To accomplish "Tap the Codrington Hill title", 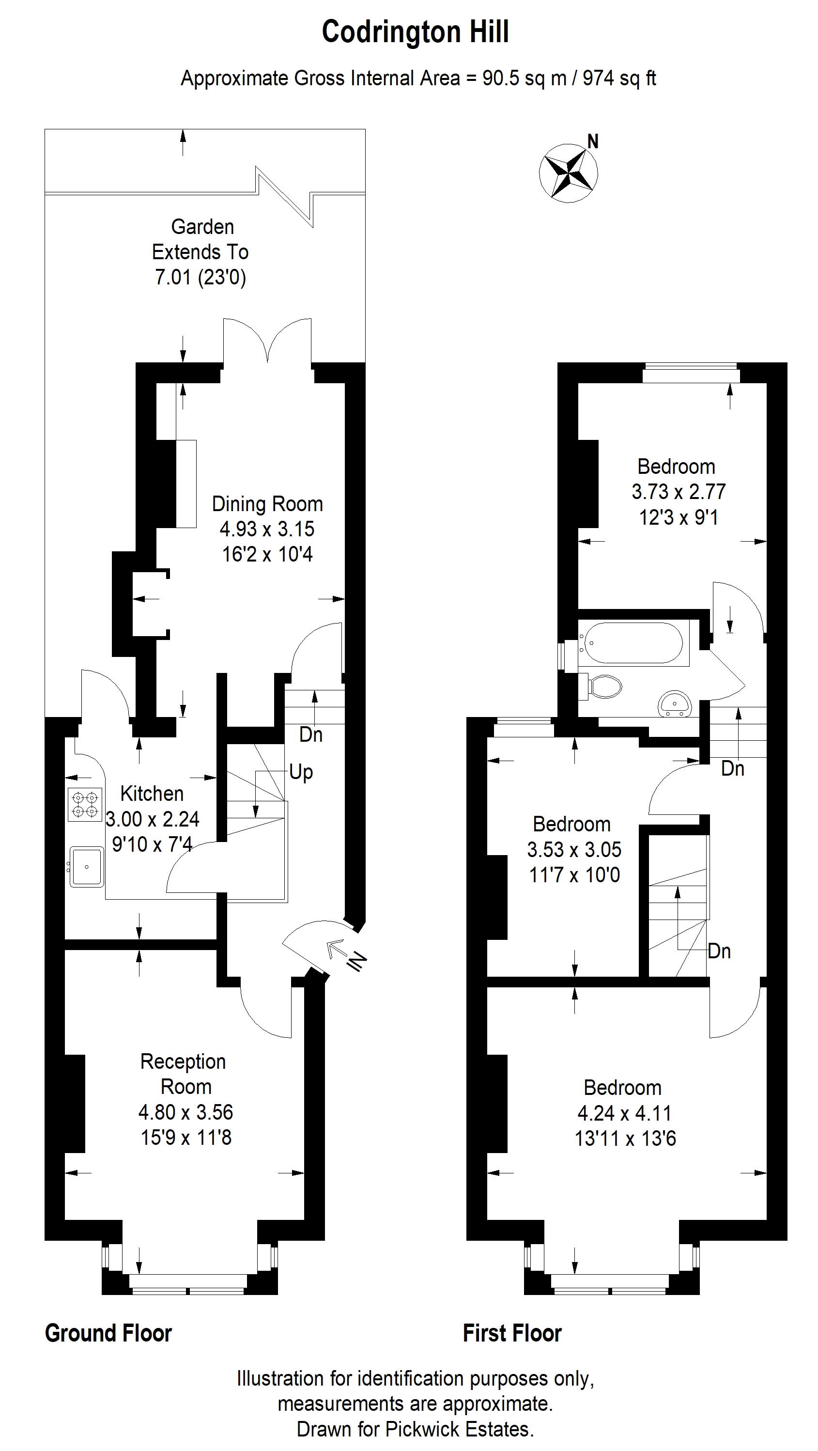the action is pos(416,31).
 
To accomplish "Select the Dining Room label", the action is pos(267,503).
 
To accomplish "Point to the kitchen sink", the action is pos(86,866).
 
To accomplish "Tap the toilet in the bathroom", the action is pos(600,686).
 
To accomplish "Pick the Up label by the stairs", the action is pos(301,772).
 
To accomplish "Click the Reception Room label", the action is pos(184,1074).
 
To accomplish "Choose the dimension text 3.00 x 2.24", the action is pos(153,818).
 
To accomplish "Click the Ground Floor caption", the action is pos(108,1333).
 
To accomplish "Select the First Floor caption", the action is pos(512,1333).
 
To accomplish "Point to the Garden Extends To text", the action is pos(201,239).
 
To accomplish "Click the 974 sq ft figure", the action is pos(619,78).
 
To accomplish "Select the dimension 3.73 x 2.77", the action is pos(679,492).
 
